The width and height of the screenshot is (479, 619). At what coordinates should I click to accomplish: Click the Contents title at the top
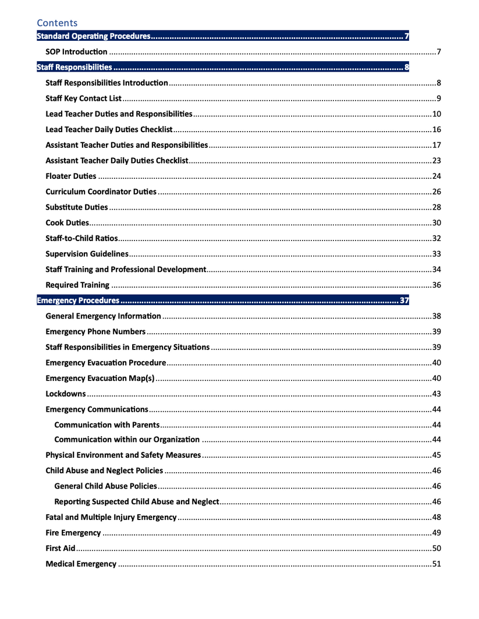[x=57, y=23]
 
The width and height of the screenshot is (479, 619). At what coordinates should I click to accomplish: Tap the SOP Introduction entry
[x=76, y=53]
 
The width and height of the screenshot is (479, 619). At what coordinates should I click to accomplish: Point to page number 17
[x=436, y=145]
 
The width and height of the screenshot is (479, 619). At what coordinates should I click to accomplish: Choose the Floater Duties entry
[x=70, y=176]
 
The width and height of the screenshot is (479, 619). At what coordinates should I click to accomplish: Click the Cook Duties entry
[x=67, y=223]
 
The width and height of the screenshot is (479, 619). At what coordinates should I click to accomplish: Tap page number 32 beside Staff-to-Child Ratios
[x=436, y=238]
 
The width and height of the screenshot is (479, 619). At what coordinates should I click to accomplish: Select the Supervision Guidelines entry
[x=86, y=254]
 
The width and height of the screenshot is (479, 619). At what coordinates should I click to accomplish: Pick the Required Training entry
[x=77, y=285]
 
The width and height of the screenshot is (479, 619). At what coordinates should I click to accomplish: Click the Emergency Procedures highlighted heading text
[x=78, y=301]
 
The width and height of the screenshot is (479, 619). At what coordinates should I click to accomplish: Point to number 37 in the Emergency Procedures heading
[x=405, y=301]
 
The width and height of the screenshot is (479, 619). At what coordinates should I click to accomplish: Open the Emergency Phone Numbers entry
[x=95, y=332]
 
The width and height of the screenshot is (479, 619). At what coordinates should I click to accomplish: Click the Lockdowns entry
[x=65, y=394]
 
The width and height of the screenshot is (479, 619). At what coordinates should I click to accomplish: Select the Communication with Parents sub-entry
[x=107, y=424]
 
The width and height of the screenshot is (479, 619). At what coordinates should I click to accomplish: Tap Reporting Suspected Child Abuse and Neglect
[x=136, y=502]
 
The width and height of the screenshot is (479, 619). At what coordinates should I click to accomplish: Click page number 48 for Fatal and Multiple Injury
[x=436, y=518]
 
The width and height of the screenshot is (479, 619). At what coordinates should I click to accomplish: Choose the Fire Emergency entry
[x=73, y=533]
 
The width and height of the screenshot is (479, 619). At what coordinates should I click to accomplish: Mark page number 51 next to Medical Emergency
[x=436, y=564]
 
